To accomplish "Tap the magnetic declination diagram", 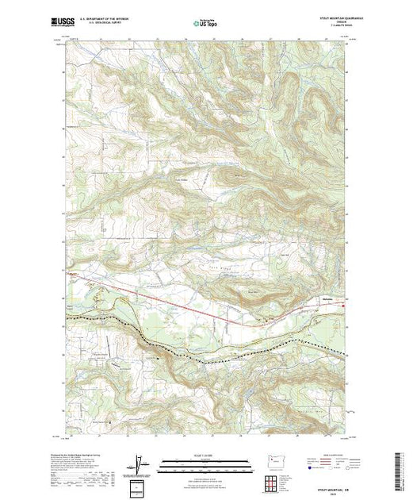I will pyautogui.click(x=140, y=464).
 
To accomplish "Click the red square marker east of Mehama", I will pyautogui.click(x=343, y=302).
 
